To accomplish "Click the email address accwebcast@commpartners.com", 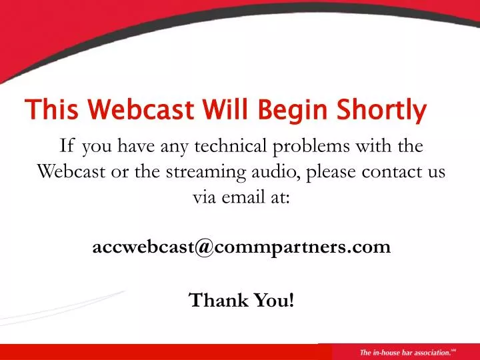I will tap(241, 247).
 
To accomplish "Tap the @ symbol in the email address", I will tap(203, 247).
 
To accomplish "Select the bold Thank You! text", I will tap(241, 300).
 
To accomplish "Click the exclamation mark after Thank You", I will tap(291, 300).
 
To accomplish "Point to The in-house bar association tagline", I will tap(403, 352).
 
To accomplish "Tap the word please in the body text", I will tap(334, 172).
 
